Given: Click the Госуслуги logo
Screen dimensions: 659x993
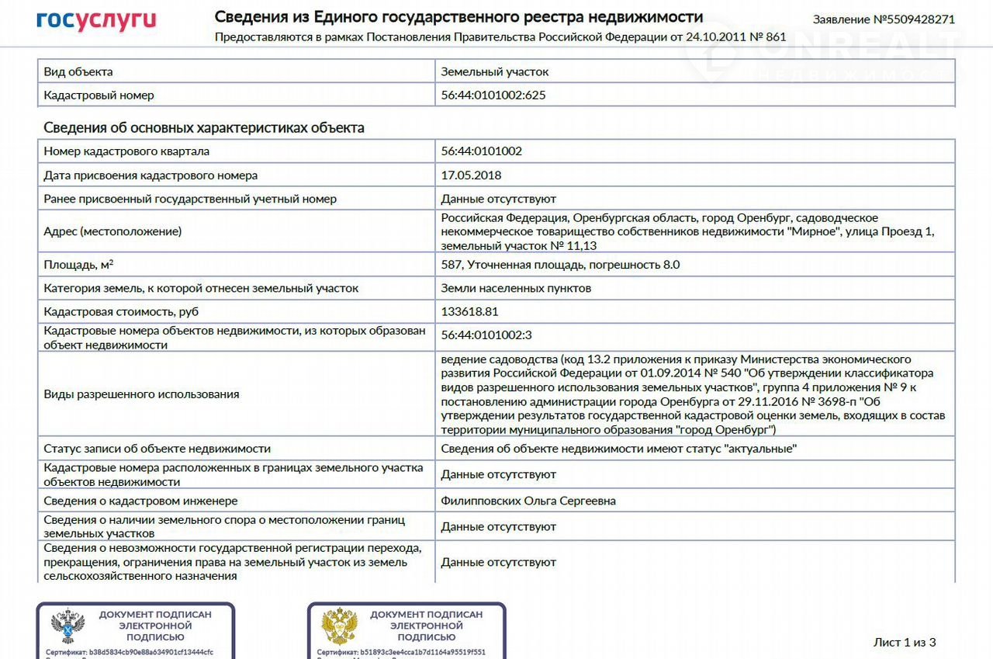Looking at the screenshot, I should click(96, 21).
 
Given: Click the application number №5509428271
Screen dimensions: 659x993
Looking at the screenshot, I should click(884, 19).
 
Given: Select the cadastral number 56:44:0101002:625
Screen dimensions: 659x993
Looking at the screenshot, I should click(488, 95).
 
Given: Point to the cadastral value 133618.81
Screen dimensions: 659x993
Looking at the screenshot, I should click(469, 312).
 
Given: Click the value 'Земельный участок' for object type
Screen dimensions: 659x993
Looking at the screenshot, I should click(495, 71).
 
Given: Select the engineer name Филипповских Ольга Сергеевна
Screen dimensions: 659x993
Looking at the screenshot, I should click(528, 501).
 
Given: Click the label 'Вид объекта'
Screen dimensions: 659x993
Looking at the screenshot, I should click(78, 71).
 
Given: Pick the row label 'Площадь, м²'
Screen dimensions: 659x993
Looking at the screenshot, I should click(78, 265).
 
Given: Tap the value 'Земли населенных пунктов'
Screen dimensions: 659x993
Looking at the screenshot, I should click(516, 288).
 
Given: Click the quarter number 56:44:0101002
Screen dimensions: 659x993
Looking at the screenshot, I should click(482, 151).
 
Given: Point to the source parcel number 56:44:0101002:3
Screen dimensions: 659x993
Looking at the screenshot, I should click(486, 335).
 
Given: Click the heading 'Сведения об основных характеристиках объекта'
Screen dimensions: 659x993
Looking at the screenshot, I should click(204, 127).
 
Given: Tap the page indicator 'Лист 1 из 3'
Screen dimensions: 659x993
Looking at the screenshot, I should click(905, 642).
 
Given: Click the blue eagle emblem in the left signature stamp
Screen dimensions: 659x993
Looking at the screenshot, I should click(67, 626).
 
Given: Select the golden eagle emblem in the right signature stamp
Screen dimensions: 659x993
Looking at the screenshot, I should click(339, 626).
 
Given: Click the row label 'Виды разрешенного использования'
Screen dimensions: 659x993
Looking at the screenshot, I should click(141, 394).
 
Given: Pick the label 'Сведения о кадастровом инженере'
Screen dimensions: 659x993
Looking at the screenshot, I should click(140, 501).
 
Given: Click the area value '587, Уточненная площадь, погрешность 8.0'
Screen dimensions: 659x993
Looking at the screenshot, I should click(560, 265).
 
